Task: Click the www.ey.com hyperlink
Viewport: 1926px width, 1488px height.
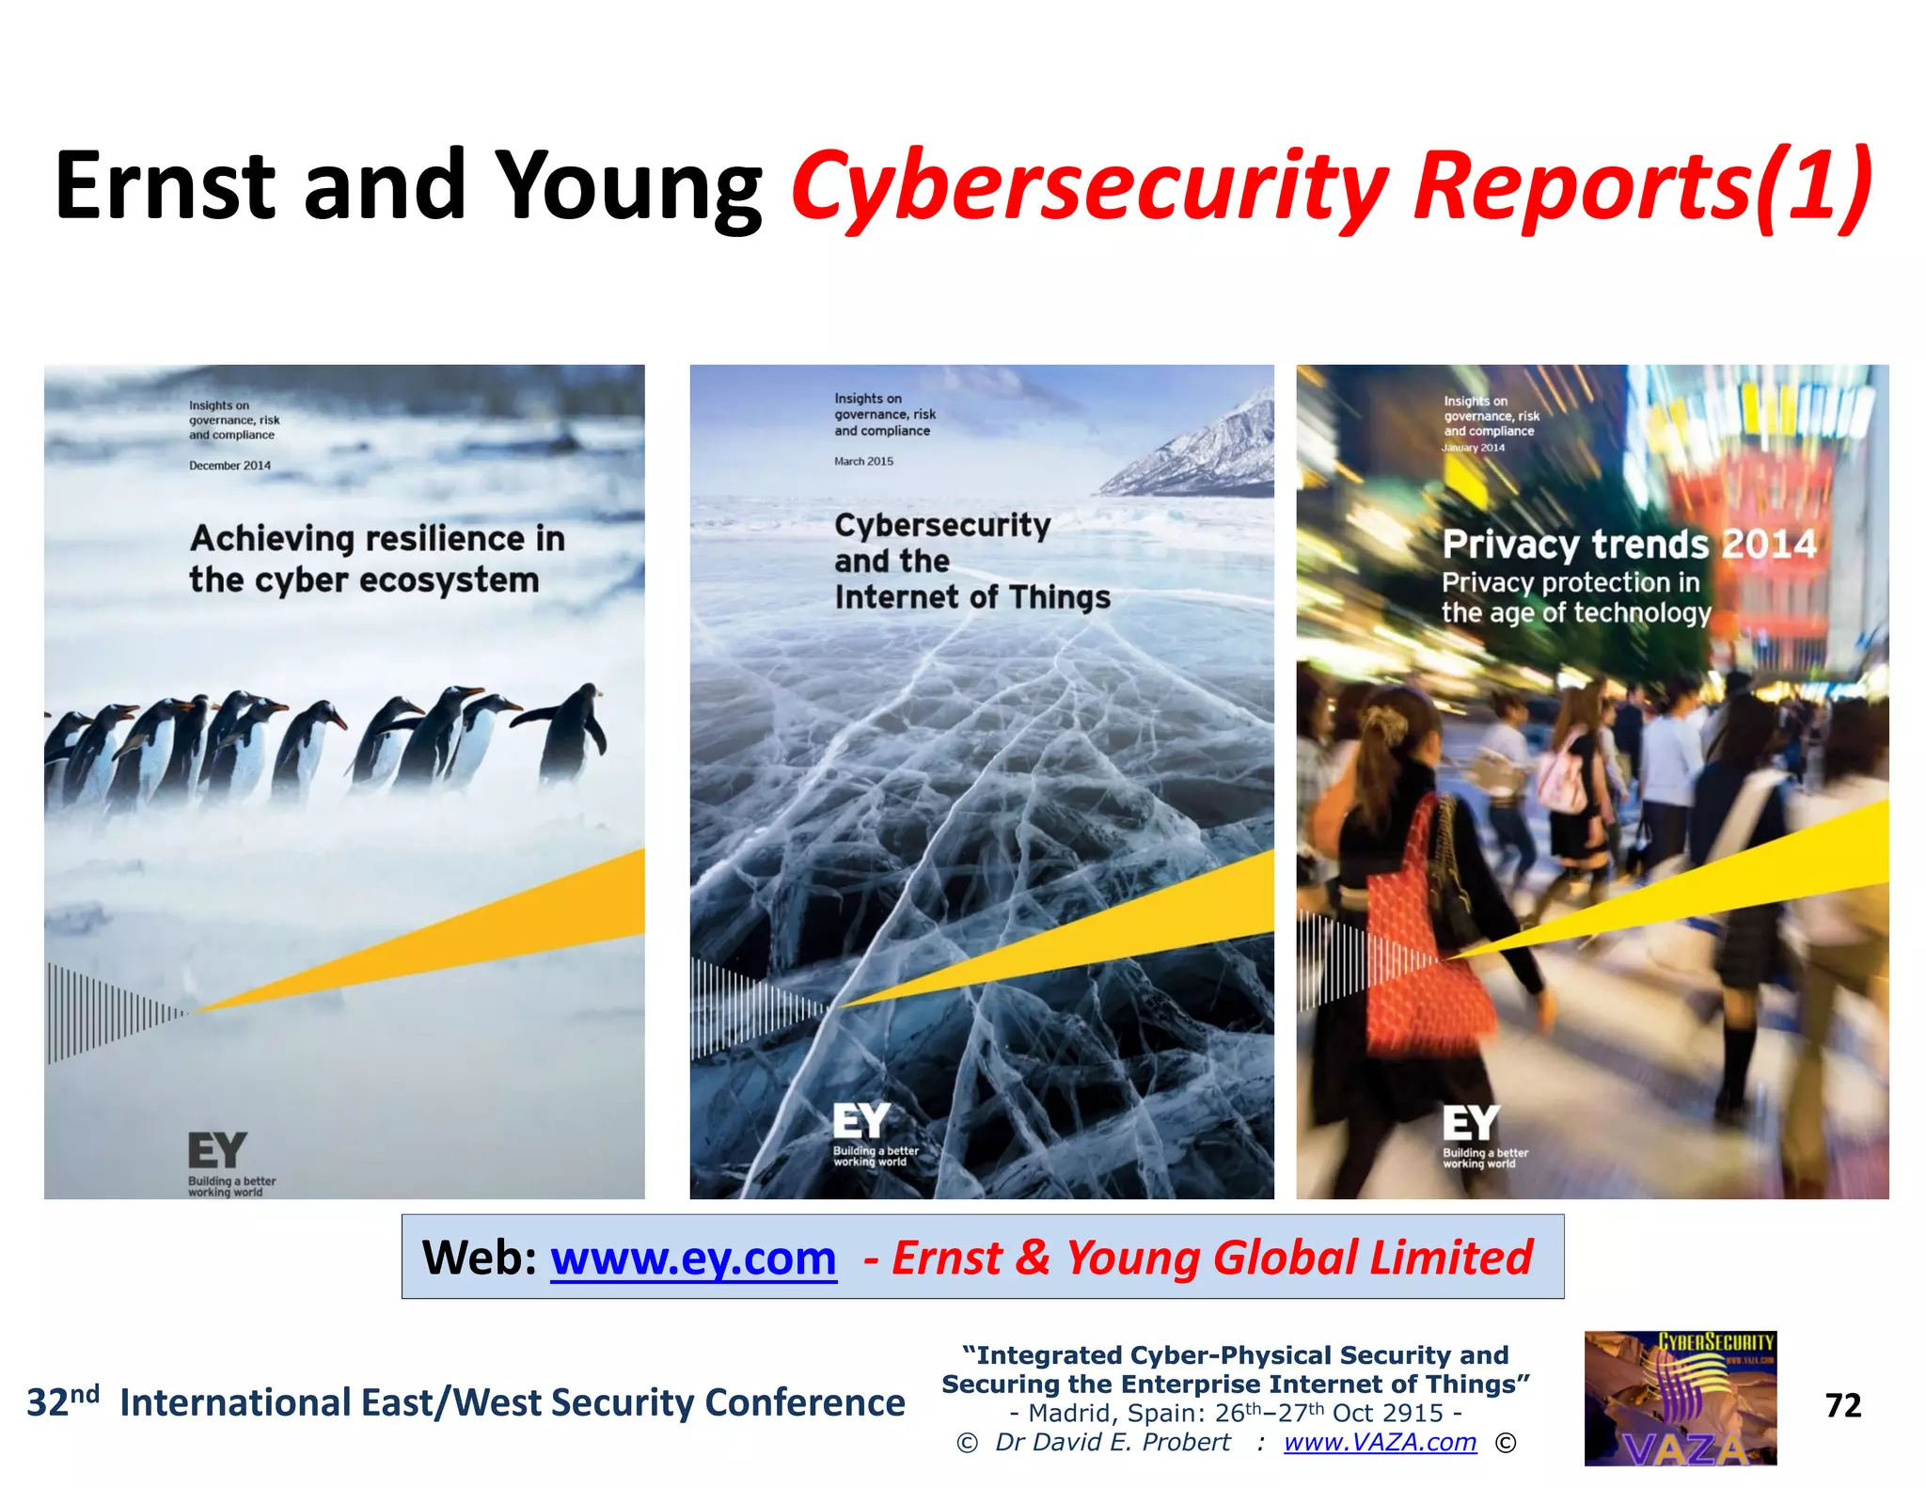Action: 693,1258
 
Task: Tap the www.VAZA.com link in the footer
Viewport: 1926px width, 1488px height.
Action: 1380,1442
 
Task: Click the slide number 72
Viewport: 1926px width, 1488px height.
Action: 1842,1405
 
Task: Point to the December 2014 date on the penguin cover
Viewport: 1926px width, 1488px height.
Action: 229,466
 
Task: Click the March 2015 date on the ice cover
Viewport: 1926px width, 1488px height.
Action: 863,461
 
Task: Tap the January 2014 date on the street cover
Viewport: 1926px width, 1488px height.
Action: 1473,448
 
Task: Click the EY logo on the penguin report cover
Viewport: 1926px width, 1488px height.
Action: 217,1150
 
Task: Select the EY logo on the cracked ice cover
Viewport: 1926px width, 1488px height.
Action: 860,1121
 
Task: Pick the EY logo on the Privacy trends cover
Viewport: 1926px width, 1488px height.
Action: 1470,1123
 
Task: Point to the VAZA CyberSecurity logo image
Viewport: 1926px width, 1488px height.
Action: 1680,1398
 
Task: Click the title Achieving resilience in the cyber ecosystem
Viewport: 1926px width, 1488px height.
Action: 376,559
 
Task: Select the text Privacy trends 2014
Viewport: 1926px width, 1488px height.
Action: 1628,544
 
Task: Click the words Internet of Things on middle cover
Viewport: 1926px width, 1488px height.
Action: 971,597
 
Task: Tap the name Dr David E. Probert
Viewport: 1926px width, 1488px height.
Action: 1113,1442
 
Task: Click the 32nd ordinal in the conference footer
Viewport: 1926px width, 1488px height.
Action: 62,1401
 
